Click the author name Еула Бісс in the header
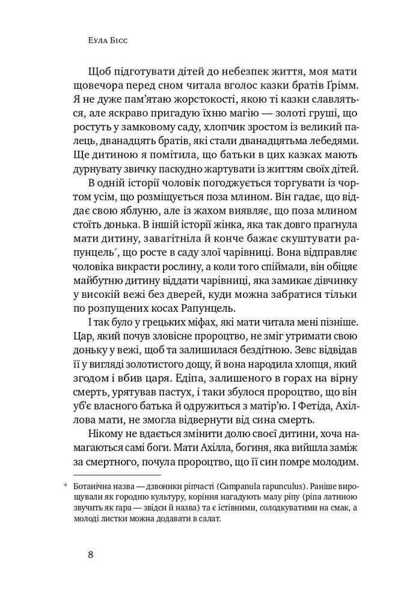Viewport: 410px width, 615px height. click(109, 42)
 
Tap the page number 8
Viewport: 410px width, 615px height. click(90, 554)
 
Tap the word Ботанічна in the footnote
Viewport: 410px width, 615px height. click(94, 486)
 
